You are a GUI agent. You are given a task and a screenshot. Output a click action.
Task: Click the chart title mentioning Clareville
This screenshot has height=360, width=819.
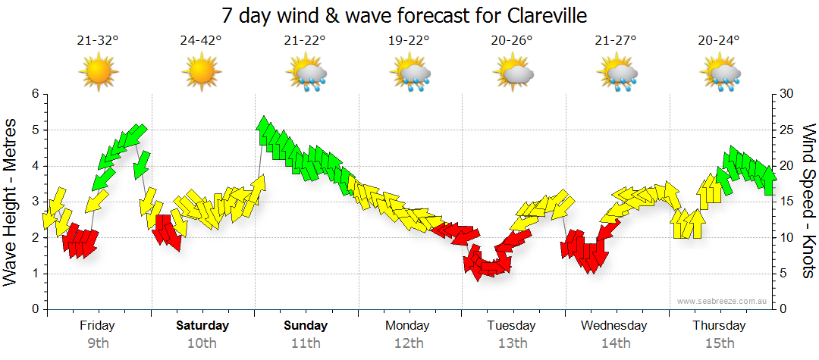point(404,15)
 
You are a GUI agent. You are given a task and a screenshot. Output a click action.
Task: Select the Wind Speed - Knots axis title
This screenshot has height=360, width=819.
point(808,201)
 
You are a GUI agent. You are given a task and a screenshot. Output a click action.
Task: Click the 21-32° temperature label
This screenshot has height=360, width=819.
point(98,41)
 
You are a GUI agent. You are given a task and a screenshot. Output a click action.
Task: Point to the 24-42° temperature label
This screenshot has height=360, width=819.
point(201,41)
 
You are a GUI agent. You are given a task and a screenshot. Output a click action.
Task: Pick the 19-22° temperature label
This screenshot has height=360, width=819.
point(409,41)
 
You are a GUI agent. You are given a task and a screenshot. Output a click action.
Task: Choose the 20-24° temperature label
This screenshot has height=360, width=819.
point(718,41)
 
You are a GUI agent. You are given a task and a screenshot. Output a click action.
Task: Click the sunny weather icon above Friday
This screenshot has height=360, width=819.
point(98,73)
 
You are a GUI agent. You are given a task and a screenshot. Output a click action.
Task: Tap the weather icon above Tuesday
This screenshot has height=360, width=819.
point(513,73)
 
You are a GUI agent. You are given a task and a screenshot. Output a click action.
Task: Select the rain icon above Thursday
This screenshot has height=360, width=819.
point(720,73)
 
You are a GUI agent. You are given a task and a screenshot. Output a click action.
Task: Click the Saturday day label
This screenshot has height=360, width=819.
point(202,326)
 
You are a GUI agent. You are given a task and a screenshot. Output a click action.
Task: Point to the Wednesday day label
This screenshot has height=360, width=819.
point(614,326)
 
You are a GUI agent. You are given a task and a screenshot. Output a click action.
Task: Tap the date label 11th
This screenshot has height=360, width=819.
point(306,343)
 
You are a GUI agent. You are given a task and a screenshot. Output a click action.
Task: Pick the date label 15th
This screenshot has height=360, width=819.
point(719,343)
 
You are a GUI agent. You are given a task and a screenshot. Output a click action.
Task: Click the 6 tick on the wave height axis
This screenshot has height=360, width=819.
point(34,94)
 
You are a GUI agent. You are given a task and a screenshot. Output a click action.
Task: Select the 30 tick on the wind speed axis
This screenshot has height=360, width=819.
point(788,94)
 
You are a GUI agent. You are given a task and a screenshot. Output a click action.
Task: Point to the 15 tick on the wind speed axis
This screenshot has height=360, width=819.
point(788,202)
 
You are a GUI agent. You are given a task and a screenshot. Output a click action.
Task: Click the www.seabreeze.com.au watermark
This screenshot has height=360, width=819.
point(723,301)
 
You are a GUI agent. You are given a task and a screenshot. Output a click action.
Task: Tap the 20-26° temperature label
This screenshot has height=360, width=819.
point(512,41)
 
